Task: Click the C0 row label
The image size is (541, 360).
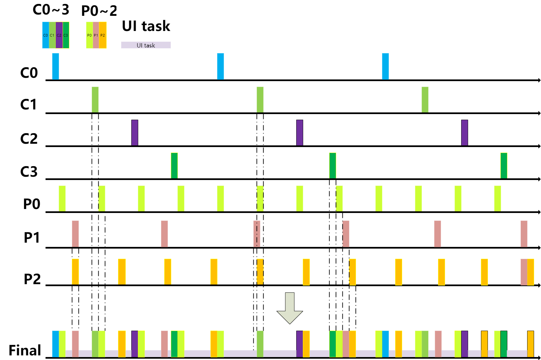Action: pos(29,73)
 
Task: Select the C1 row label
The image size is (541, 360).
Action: pos(29,105)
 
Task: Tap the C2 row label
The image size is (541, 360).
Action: pos(29,139)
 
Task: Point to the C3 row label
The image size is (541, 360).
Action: pos(29,172)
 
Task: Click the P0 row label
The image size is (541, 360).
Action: pos(32,204)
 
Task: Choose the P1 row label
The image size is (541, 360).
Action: pos(32,238)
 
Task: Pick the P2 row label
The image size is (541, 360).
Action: pos(32,279)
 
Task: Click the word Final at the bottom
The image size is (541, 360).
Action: pos(25,350)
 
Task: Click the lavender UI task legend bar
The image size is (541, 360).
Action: pos(146,45)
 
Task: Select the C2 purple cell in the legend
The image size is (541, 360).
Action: pos(59,35)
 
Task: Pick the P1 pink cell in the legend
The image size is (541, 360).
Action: pos(96,35)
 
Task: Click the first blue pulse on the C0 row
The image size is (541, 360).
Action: pos(55,66)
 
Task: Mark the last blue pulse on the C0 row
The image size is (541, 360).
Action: pos(385,66)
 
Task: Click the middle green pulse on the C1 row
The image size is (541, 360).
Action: pos(260,100)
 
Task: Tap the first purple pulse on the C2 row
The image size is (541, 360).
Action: pos(135,133)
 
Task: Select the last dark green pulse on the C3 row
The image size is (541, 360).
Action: pos(504,165)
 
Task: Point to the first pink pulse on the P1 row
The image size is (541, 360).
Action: pos(75,234)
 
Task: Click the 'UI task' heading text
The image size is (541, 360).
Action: pos(146,26)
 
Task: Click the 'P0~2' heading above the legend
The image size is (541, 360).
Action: pos(99,11)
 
